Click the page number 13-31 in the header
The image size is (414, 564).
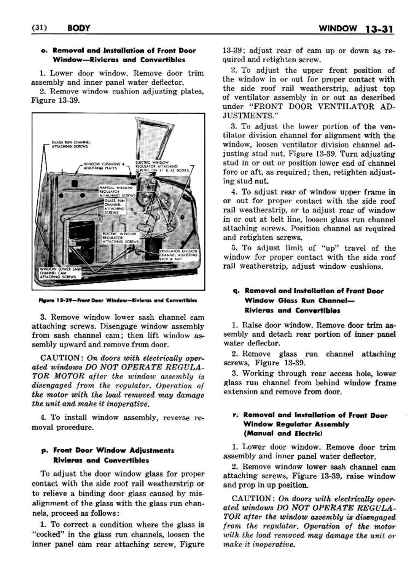coord(379,29)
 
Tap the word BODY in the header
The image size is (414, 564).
coord(78,28)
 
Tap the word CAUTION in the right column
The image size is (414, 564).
coord(253,499)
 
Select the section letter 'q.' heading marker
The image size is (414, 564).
coord(236,291)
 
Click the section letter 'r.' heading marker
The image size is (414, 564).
coord(236,415)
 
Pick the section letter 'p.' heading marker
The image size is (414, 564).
coord(45,451)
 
